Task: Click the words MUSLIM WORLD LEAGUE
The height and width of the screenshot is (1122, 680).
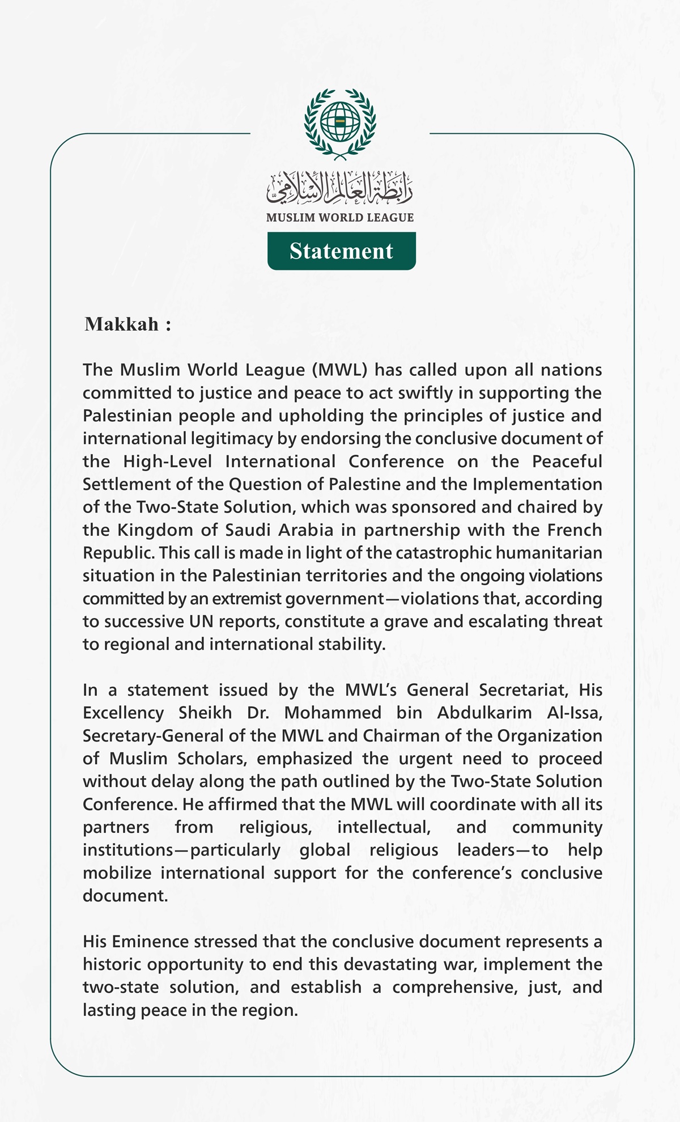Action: click(x=340, y=218)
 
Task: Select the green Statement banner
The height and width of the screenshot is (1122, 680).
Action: click(x=341, y=251)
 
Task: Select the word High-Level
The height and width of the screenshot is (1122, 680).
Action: click(x=167, y=461)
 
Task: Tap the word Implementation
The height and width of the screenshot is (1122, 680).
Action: click(x=537, y=485)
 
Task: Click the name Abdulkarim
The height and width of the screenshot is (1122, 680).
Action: click(x=484, y=713)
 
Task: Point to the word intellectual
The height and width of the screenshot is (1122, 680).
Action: click(x=384, y=827)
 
